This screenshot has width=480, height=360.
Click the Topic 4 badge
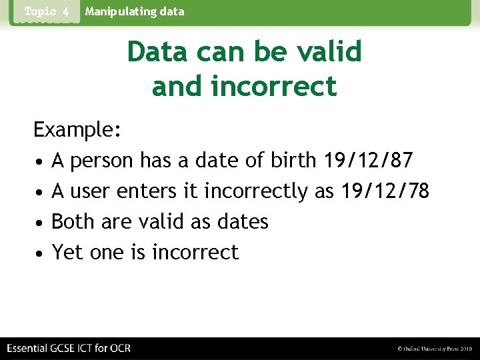47,12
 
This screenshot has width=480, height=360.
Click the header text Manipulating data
135,11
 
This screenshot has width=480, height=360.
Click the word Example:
77,130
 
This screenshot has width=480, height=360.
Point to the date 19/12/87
368,161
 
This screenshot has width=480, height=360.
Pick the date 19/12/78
385,191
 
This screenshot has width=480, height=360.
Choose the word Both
73,222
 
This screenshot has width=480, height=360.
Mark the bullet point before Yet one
40,253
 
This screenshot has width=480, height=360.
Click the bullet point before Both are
40,223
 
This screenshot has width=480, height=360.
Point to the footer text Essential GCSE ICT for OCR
69,349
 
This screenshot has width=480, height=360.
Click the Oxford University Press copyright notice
434,349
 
